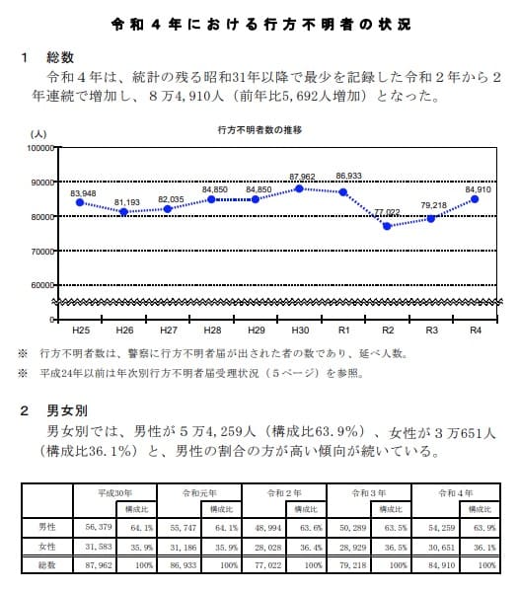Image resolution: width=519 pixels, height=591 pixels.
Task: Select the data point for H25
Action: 80,202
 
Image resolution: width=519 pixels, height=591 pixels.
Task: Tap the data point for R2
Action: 387,226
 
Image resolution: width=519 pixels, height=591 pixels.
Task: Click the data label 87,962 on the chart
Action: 301,177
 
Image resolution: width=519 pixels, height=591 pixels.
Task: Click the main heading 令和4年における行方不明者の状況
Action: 260,23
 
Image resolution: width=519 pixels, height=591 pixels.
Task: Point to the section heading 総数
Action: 60,58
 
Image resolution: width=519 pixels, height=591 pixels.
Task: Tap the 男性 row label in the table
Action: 46,527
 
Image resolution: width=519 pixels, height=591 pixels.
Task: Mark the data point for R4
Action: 475,198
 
